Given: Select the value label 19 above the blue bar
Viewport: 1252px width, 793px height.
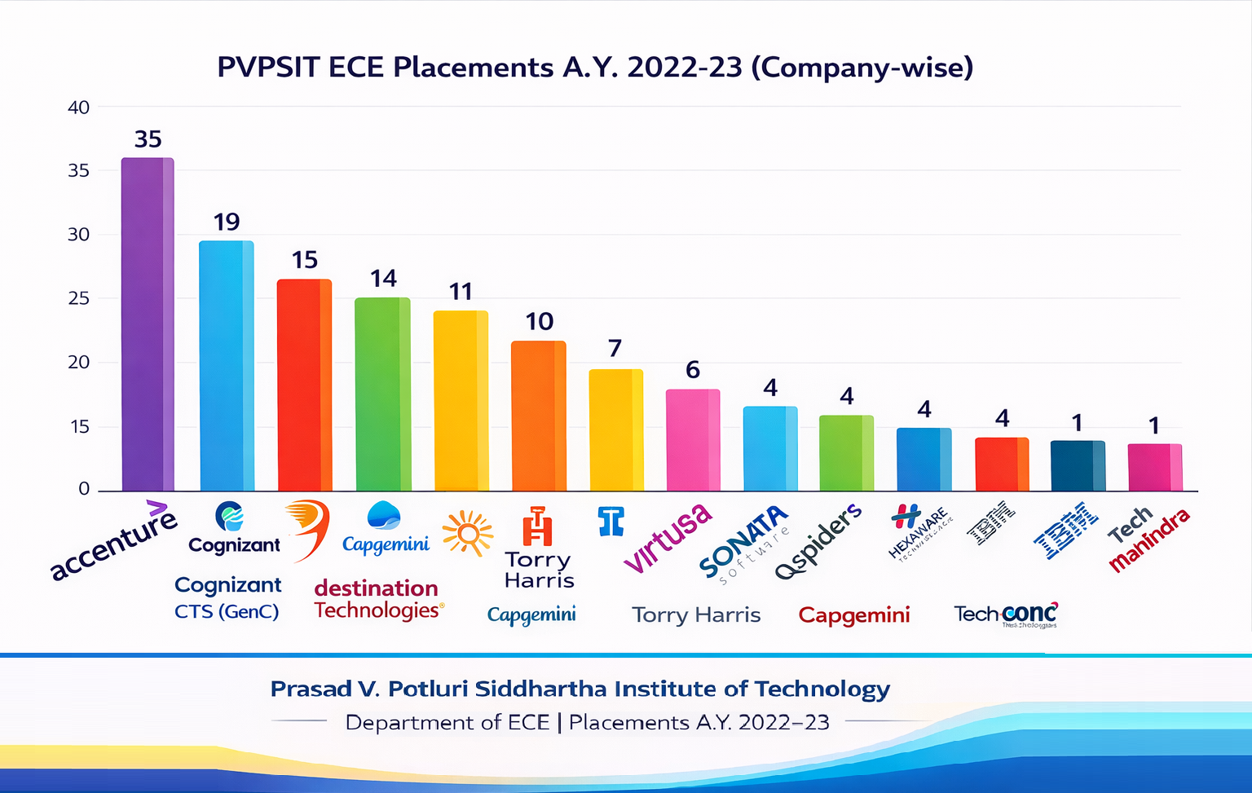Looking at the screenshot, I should click(227, 222).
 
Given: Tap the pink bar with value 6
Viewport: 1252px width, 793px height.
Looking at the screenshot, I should click(693, 440).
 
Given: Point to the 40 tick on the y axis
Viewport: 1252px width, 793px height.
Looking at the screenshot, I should click(78, 108).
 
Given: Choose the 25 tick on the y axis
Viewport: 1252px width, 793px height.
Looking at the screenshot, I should click(78, 298).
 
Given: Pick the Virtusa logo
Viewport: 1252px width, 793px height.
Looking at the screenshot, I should click(668, 538).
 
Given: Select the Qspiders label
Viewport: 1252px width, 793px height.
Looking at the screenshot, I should click(818, 541).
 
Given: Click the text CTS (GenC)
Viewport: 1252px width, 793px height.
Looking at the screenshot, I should click(227, 611).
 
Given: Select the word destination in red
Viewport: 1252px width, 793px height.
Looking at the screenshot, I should click(376, 588).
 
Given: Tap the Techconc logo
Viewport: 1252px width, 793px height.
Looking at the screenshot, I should click(1006, 615).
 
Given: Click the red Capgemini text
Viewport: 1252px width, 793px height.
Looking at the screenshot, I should click(853, 615).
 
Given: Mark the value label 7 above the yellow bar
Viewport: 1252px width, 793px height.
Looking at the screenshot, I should click(615, 348).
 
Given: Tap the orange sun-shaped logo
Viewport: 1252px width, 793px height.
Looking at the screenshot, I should click(468, 534).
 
